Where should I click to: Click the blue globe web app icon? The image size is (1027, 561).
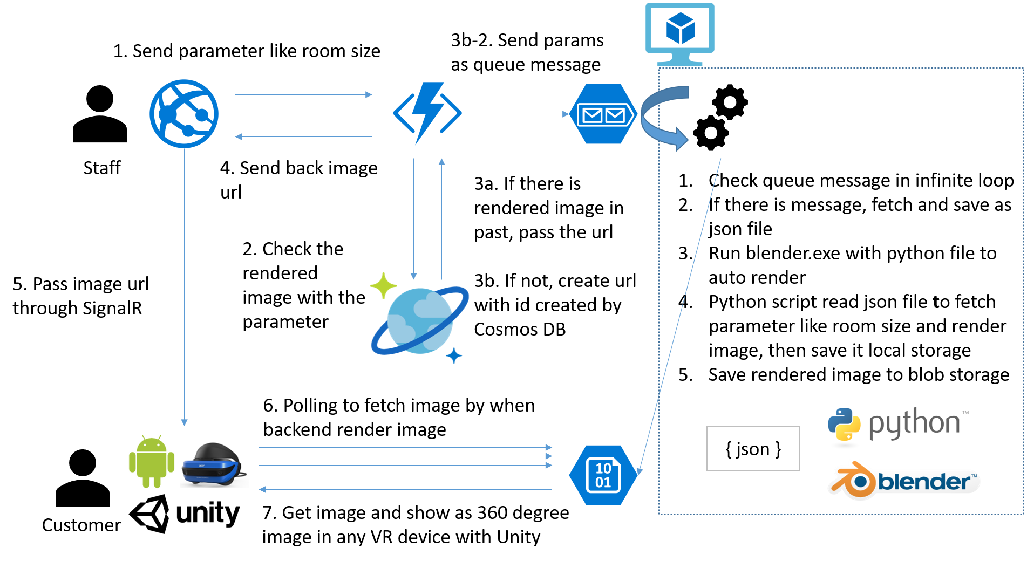[x=184, y=114]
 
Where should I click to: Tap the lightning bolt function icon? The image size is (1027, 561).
[x=427, y=113]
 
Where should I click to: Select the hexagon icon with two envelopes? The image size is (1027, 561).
[x=603, y=114]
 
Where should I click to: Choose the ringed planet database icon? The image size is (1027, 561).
[x=420, y=320]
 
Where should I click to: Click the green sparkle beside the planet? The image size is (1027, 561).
[x=383, y=285]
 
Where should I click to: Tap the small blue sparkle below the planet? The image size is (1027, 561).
[x=454, y=355]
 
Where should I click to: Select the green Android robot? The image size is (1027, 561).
[x=152, y=462]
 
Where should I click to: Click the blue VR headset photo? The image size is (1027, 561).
[x=214, y=464]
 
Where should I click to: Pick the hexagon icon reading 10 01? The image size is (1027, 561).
[x=603, y=475]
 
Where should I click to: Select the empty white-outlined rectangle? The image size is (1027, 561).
[x=753, y=448]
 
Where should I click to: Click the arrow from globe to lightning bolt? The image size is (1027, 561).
[x=303, y=95]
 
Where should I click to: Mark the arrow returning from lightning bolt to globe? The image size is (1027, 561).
[x=303, y=136]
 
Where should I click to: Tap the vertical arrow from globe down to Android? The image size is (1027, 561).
[x=184, y=286]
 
